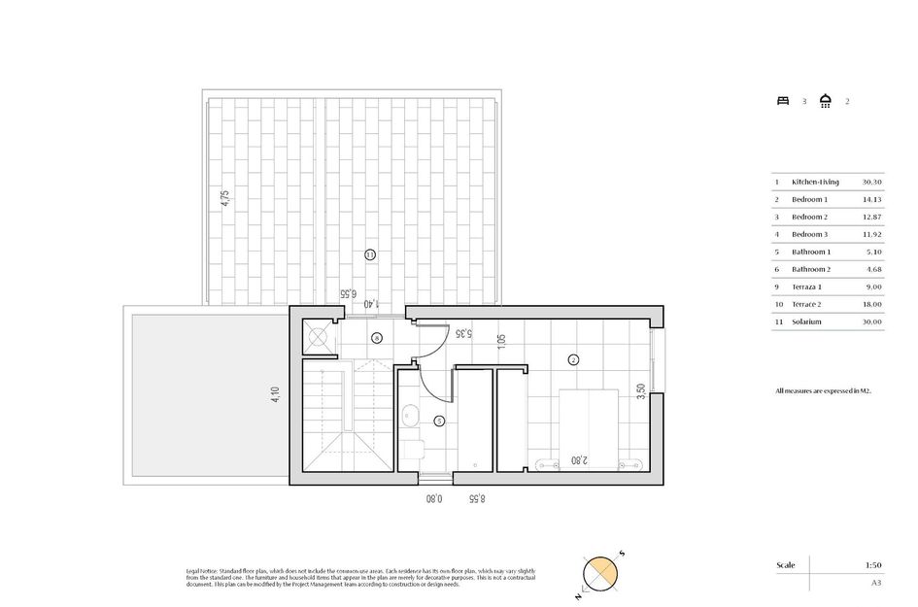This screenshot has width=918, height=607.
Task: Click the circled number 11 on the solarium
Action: [370, 254]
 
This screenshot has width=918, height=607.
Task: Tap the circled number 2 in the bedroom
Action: [573, 359]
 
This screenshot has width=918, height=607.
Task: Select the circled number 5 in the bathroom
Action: [439, 421]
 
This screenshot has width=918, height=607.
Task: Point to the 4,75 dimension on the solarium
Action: [224, 198]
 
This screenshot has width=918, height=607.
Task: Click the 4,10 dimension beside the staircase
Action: [276, 396]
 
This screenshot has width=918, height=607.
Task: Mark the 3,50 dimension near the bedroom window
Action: [638, 392]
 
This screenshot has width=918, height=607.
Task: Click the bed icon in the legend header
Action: [783, 100]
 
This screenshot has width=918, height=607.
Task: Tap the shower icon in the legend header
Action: [826, 100]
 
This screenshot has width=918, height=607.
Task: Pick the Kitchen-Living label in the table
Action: [815, 182]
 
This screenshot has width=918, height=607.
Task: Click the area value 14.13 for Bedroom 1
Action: [871, 199]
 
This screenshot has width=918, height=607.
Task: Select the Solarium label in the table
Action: [806, 321]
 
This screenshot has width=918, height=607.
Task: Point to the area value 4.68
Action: [871, 269]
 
